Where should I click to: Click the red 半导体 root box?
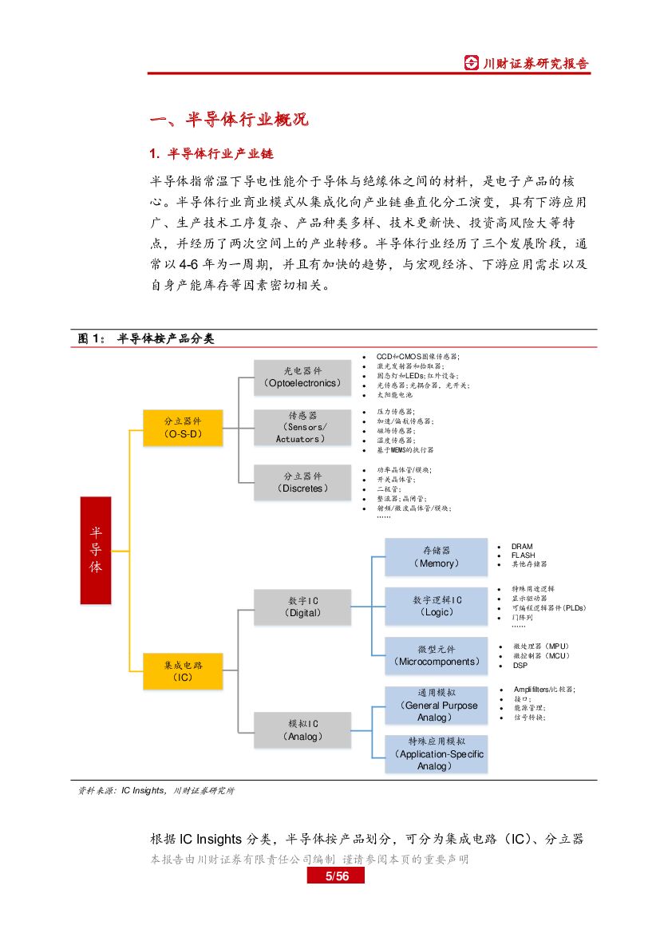click(96, 550)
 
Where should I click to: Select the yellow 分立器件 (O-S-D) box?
click(183, 427)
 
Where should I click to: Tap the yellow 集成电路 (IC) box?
click(183, 670)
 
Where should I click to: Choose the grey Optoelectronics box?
click(302, 378)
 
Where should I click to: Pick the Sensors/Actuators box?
click(302, 427)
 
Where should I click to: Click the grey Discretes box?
click(302, 482)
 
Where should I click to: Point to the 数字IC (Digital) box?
click(302, 607)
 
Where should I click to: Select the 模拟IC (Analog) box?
click(302, 730)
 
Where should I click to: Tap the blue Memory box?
click(436, 557)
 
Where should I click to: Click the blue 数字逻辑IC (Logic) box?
click(436, 607)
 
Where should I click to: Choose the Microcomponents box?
click(436, 656)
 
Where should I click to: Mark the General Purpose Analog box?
click(436, 706)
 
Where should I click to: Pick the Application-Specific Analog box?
click(436, 754)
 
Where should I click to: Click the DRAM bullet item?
click(523, 547)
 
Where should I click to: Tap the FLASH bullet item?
click(524, 555)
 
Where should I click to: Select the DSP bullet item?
click(520, 665)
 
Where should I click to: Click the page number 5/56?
click(336, 876)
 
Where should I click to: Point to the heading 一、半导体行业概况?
click(229, 121)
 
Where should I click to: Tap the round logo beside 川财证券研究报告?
click(474, 62)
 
